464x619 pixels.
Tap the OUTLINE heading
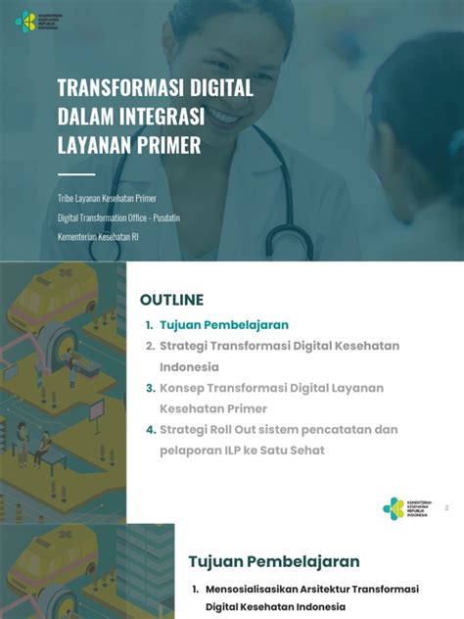[171, 300]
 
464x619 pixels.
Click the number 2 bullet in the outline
[150, 346]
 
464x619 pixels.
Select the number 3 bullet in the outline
[150, 388]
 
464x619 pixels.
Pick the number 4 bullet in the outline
[150, 429]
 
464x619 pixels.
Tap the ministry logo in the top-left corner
[25, 21]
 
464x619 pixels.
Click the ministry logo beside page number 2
[394, 507]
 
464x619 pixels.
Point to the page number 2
[446, 508]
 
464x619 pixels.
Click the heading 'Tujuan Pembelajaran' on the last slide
[273, 561]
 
